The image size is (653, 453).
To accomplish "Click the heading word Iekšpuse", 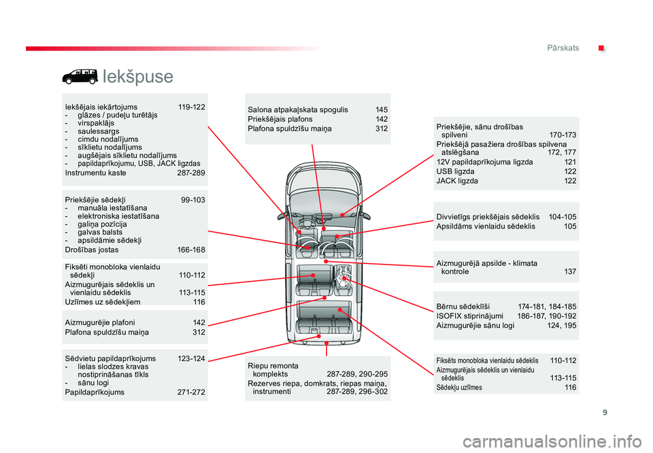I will tap(139, 76).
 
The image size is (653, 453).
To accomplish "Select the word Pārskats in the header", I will tap(563, 48).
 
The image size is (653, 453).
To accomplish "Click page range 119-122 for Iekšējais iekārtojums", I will tap(191, 107).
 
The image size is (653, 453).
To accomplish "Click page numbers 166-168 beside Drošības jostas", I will tap(191, 250).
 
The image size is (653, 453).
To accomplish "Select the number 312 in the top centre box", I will tap(382, 129).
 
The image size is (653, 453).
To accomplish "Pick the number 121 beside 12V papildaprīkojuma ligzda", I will tap(570, 162).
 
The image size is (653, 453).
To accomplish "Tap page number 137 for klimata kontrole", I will tap(570, 272).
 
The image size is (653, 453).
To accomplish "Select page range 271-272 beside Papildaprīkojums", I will tap(191, 392).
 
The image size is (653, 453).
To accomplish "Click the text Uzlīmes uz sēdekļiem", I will tap(103, 302).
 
